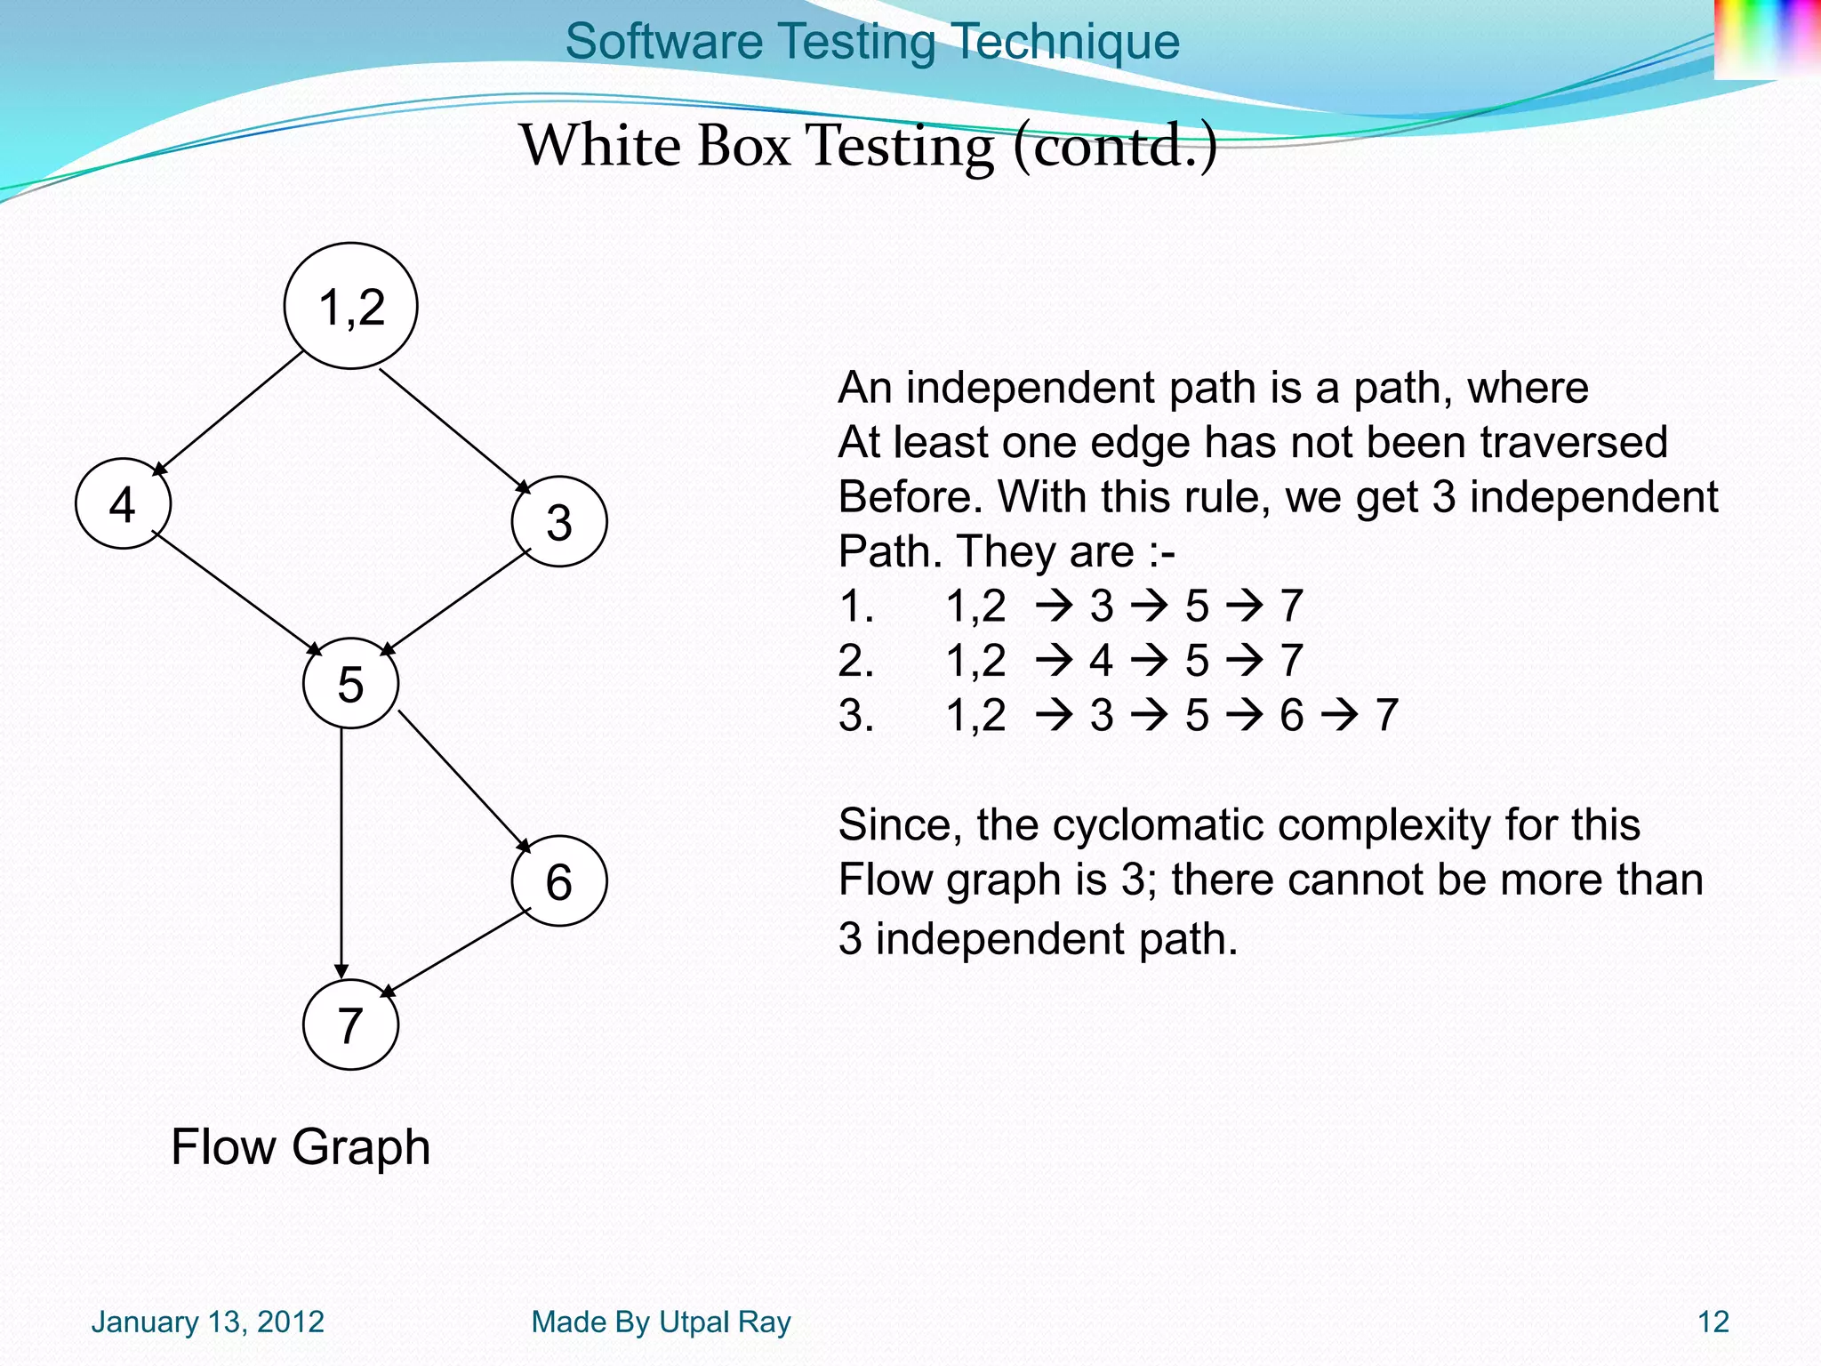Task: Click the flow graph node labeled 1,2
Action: click(x=350, y=306)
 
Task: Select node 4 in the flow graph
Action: click(x=123, y=503)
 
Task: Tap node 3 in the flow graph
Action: click(x=559, y=522)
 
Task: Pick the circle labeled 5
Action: click(x=350, y=683)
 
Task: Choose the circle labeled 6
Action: click(x=559, y=881)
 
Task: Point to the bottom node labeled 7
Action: click(x=350, y=1024)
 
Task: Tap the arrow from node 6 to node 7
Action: click(x=456, y=952)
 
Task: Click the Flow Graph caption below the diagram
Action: click(x=301, y=1146)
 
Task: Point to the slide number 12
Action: click(x=1713, y=1322)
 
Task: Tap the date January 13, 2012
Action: click(x=207, y=1322)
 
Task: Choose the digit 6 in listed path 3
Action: click(x=1291, y=715)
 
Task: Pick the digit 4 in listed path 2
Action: click(x=1101, y=661)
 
